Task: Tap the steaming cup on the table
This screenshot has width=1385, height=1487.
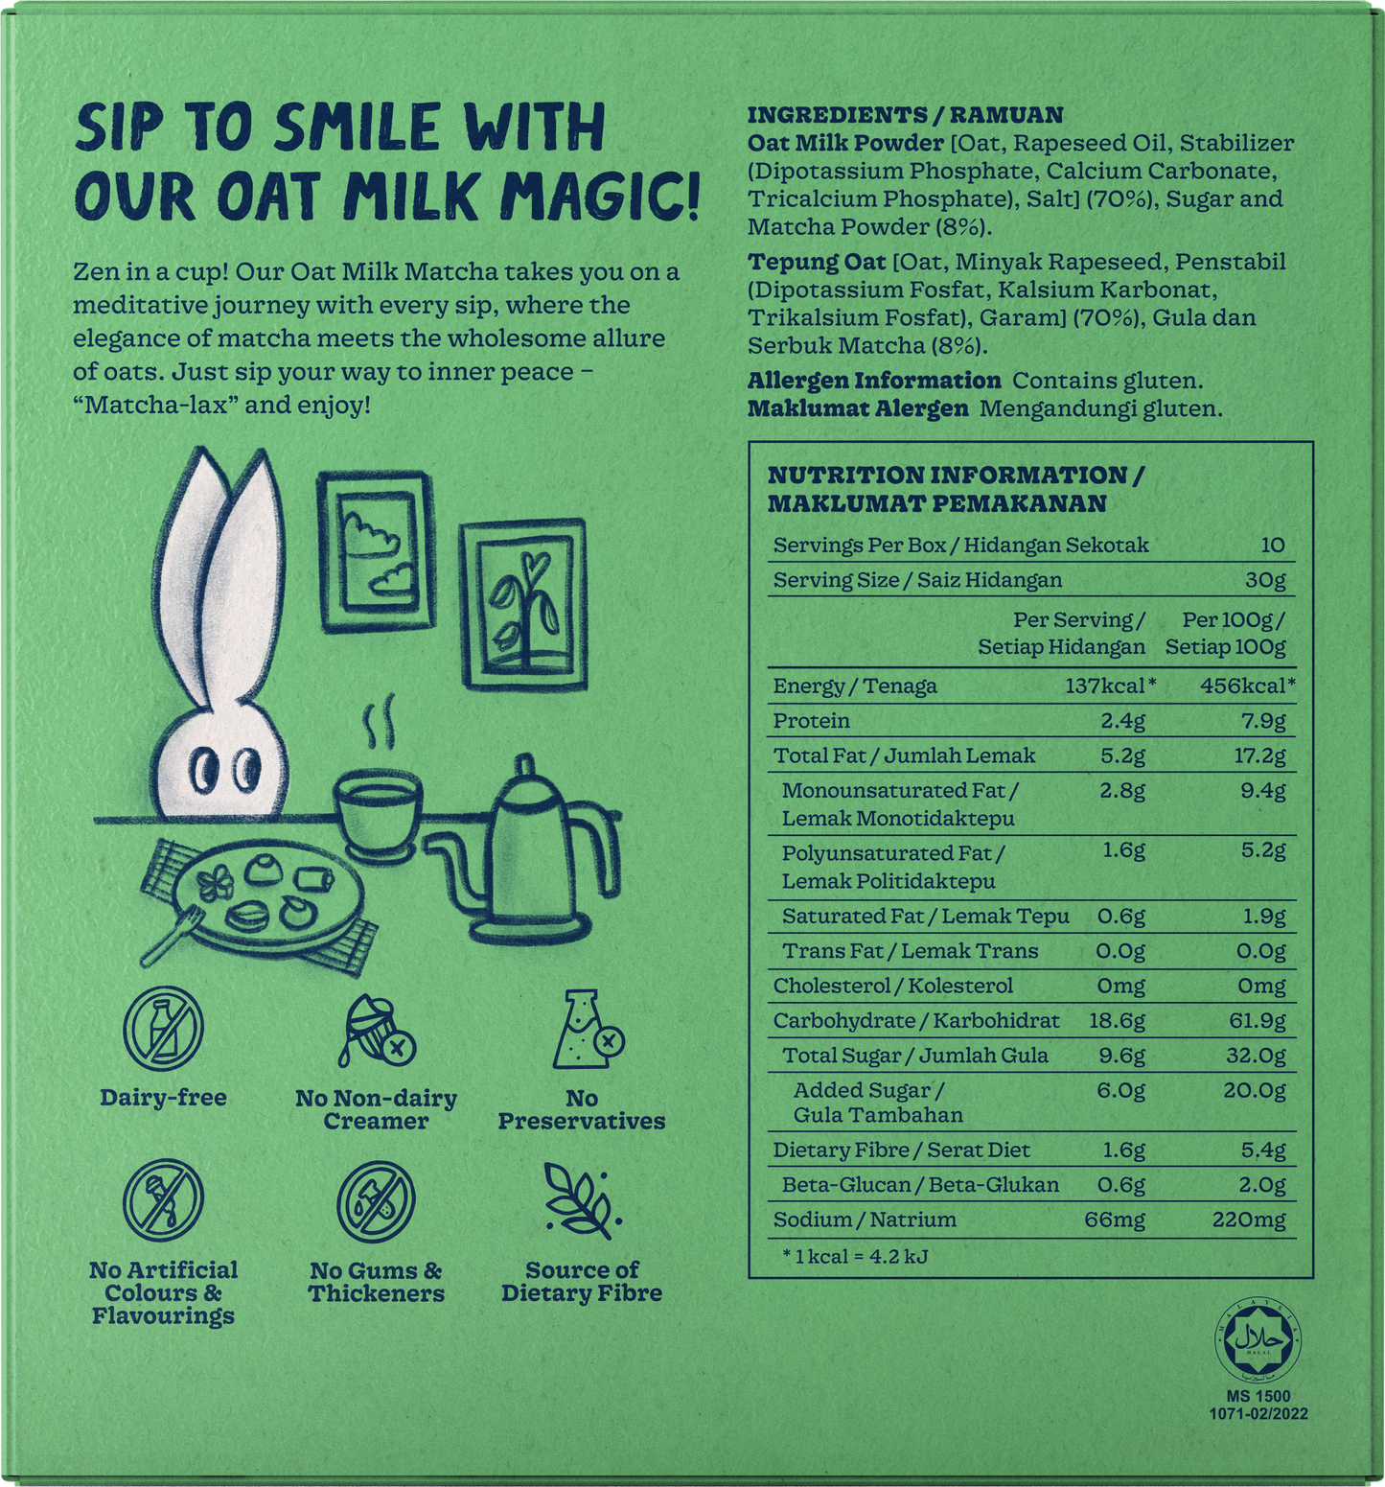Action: [377, 811]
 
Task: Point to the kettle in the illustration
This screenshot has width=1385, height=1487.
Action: [522, 852]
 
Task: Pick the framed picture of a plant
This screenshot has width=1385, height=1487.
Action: [523, 603]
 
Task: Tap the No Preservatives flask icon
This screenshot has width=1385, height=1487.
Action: [586, 1032]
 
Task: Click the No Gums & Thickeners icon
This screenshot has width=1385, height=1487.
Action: [376, 1202]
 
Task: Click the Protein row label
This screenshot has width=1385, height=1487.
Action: [812, 721]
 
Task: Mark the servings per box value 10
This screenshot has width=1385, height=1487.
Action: [1273, 546]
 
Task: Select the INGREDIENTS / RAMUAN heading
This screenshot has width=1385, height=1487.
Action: [905, 115]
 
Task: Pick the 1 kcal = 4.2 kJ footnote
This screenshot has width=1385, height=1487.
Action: [855, 1256]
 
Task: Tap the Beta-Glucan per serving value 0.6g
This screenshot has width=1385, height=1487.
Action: [1121, 1186]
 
